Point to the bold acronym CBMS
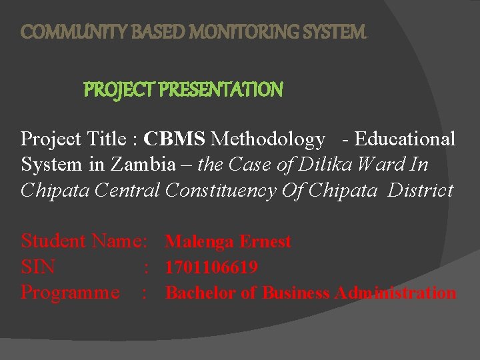175,139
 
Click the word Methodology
267,139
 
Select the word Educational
405,139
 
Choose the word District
420,190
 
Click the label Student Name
84,241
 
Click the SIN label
38,267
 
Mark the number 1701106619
211,267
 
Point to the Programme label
70,292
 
